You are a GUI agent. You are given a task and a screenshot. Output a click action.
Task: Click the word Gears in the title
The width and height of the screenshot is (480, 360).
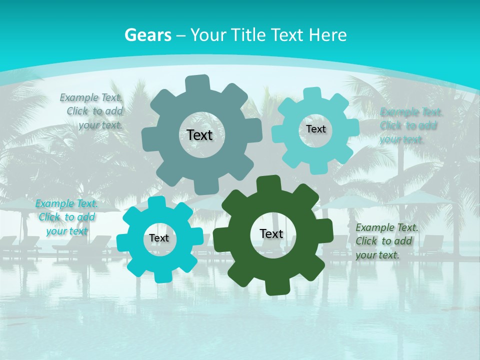tap(147, 35)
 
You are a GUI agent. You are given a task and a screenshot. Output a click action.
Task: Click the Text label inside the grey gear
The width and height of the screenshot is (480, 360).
tap(199, 135)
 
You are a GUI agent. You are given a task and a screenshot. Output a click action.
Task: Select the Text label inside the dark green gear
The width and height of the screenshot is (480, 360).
tap(271, 233)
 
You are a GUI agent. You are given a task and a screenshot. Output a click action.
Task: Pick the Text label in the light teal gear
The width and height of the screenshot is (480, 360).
tap(315, 129)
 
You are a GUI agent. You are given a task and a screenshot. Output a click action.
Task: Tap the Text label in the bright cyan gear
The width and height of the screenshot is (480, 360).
tap(159, 238)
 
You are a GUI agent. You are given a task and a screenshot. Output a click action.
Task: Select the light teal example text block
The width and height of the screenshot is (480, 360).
tap(410, 125)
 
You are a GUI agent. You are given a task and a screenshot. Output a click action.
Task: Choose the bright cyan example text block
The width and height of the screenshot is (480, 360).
tap(67, 217)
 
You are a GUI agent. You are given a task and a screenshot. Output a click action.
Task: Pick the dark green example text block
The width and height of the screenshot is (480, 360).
tap(386, 241)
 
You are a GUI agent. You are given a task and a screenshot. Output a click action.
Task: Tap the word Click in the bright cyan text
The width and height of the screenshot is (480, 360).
tap(49, 217)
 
